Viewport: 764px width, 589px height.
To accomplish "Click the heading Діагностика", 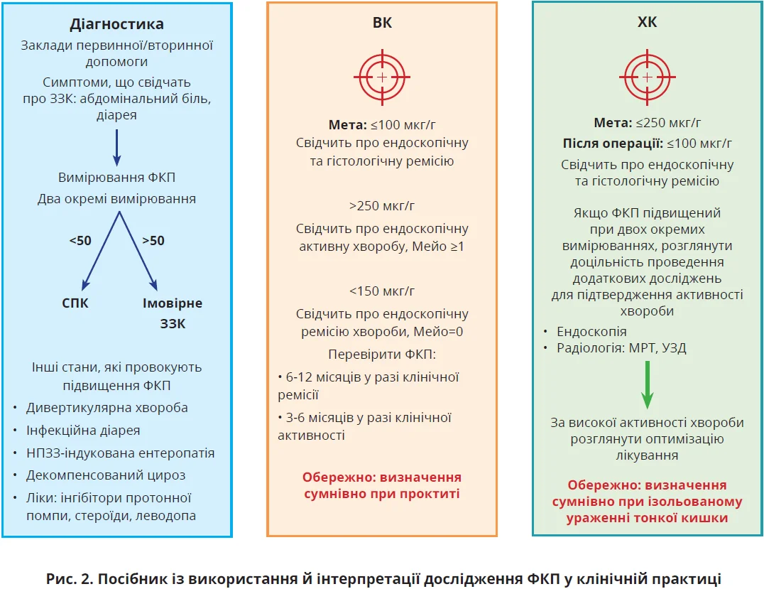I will pyautogui.click(x=116, y=24).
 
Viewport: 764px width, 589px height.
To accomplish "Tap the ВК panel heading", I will pyautogui.click(x=382, y=23).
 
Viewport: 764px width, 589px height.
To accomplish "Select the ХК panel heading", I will pyautogui.click(x=647, y=23).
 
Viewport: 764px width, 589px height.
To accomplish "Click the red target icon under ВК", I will pyautogui.click(x=382, y=75).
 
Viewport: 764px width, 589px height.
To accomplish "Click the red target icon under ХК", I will pyautogui.click(x=647, y=75).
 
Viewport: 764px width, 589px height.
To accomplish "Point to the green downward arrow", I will pyautogui.click(x=647, y=384).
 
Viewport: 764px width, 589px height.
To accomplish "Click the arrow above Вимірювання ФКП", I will pyautogui.click(x=116, y=146).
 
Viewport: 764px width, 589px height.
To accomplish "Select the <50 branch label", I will pyautogui.click(x=80, y=241).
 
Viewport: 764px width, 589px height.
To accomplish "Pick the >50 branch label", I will pyautogui.click(x=153, y=241).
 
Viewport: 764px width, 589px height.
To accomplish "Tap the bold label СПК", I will pyautogui.click(x=77, y=303).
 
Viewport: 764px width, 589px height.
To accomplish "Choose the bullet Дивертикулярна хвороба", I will pyautogui.click(x=107, y=408).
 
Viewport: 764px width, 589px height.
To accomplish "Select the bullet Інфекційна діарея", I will pyautogui.click(x=83, y=431).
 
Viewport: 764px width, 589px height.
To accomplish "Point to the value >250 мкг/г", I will pyautogui.click(x=382, y=207).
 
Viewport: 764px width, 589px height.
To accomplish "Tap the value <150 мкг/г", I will pyautogui.click(x=382, y=291).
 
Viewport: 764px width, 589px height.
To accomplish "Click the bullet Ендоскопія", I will pyautogui.click(x=591, y=331).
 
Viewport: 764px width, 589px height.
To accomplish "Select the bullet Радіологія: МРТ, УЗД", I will pyautogui.click(x=621, y=348).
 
